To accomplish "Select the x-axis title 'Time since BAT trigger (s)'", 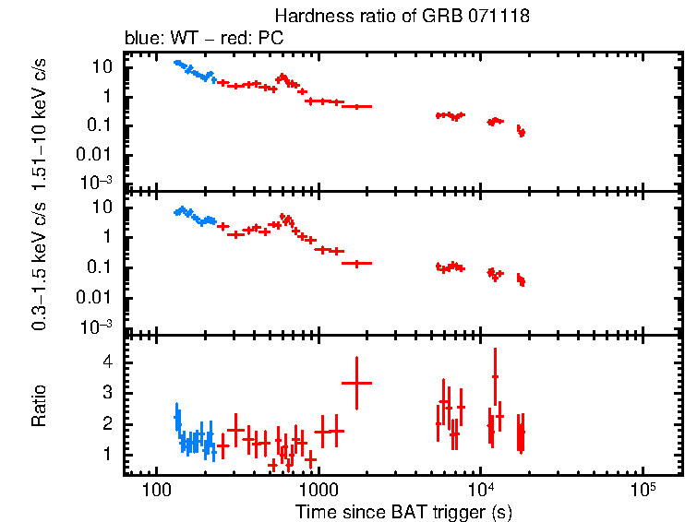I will click(403, 510).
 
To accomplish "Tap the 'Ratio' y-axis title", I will click(40, 407).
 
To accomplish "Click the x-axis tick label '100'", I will click(156, 486).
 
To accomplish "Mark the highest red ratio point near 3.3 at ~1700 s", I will click(356, 382).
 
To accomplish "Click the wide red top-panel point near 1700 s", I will click(356, 107).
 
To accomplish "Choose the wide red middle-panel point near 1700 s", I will click(356, 263).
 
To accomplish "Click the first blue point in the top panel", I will click(175, 63).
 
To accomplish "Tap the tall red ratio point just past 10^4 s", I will click(496, 376).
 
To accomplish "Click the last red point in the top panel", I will click(523, 134).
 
